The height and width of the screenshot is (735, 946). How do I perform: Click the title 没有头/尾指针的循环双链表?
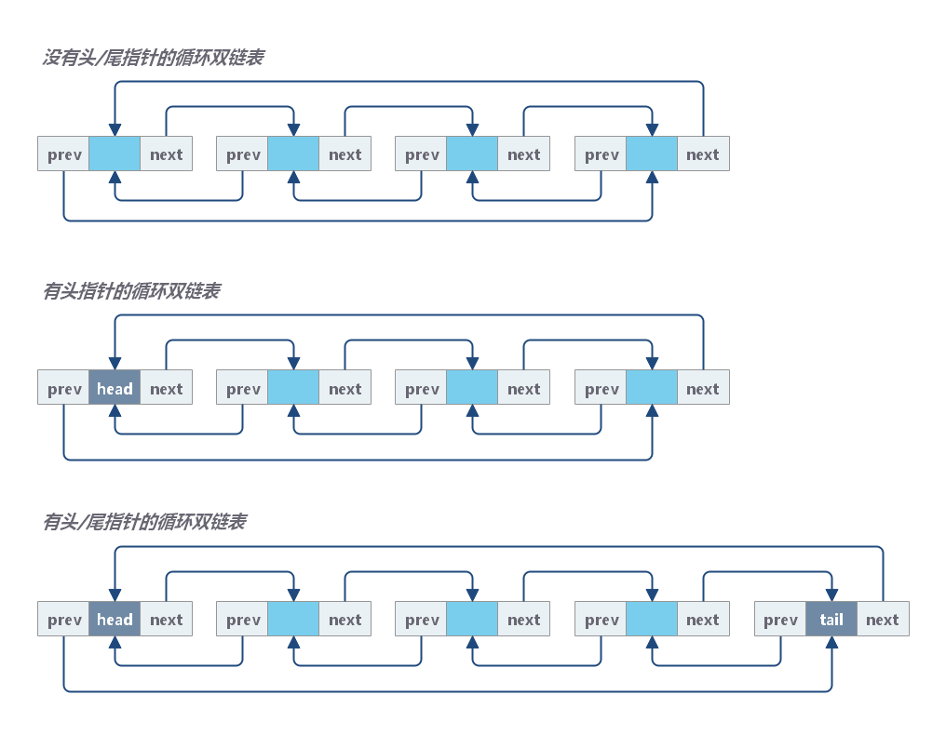[153, 58]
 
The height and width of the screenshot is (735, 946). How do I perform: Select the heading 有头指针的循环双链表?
[131, 291]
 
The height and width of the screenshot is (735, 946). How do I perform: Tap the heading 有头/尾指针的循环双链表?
[144, 522]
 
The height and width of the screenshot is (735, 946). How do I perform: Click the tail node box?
[831, 620]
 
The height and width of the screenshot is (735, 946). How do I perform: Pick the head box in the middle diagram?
[115, 389]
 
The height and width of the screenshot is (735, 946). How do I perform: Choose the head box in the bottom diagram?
[115, 620]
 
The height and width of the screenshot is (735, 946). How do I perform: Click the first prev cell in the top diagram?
[64, 154]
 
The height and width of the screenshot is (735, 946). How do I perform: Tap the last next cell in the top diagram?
[703, 154]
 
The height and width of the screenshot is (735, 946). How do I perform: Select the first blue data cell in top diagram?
[115, 154]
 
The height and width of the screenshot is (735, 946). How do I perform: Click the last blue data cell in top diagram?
[652, 154]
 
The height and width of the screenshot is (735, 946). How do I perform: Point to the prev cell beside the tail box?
[780, 620]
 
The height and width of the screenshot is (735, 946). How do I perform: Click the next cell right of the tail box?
[882, 620]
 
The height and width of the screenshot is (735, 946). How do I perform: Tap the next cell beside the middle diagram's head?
[167, 389]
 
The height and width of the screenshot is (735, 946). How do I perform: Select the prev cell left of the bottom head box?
[64, 620]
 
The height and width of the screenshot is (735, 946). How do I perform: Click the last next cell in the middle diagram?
[703, 389]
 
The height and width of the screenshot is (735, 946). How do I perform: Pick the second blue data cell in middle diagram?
[293, 389]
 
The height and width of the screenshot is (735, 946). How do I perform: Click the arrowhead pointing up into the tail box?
[831, 643]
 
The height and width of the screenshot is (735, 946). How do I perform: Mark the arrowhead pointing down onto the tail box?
[831, 595]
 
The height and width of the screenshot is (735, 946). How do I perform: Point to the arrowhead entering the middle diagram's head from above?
[115, 365]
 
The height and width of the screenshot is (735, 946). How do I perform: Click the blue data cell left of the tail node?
[652, 620]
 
